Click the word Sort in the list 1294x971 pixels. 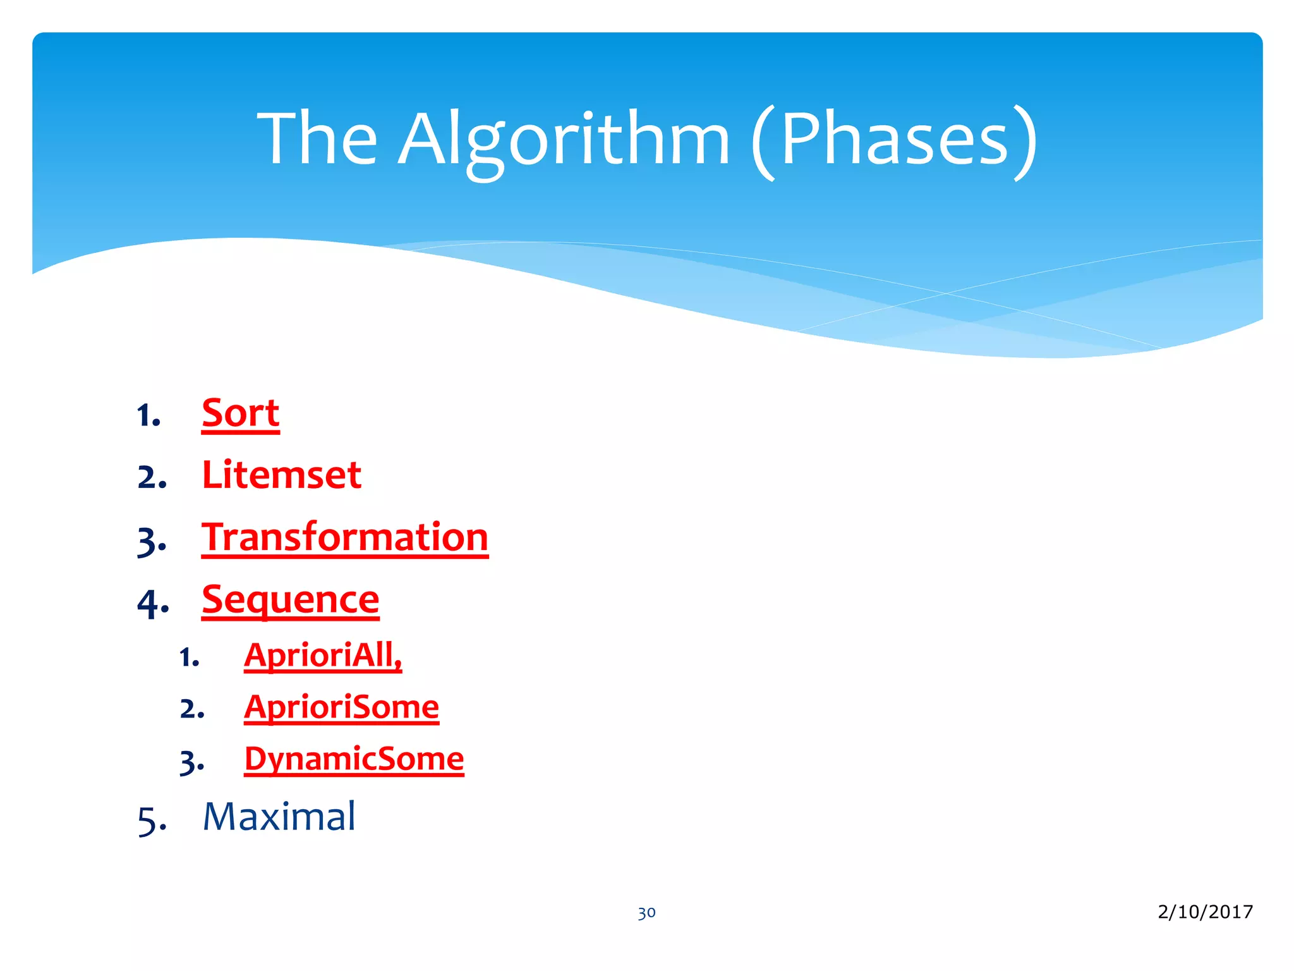(x=240, y=413)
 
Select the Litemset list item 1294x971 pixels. (x=281, y=475)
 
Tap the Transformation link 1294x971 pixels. (x=345, y=537)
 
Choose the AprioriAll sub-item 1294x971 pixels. (x=322, y=655)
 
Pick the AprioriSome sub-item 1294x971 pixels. (x=341, y=707)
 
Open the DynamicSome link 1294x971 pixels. (x=354, y=759)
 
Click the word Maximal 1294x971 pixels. (x=279, y=816)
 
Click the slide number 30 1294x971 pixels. (x=646, y=912)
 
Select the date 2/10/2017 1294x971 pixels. (x=1205, y=911)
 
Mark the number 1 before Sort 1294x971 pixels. (x=145, y=416)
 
